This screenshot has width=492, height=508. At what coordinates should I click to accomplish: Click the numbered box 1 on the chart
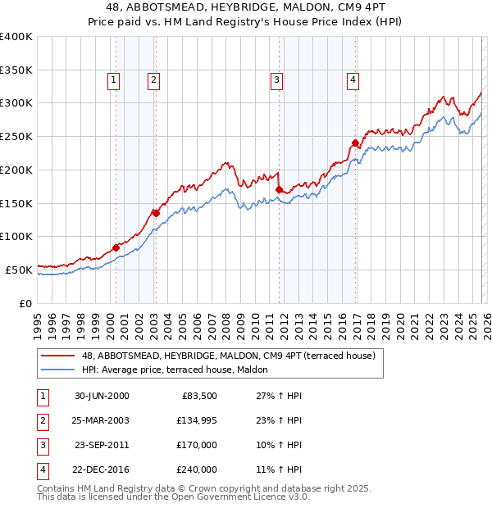(x=112, y=79)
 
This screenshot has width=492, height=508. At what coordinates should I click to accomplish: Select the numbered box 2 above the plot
(x=153, y=79)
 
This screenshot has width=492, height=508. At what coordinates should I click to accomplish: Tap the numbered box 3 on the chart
(x=276, y=79)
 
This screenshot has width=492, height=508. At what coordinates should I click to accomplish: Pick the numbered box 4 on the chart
(x=353, y=79)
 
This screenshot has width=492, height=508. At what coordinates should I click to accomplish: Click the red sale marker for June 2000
(x=116, y=247)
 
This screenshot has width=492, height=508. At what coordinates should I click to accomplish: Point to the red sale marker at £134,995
(x=155, y=213)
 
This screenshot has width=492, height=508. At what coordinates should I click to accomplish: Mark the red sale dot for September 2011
(x=279, y=189)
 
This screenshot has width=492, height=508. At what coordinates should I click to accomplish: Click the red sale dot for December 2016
(x=355, y=143)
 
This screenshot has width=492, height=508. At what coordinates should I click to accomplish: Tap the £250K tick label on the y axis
(x=16, y=136)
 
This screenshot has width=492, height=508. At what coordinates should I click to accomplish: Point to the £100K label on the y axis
(x=16, y=236)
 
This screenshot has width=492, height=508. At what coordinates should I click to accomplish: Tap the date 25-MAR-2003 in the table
(x=101, y=421)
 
